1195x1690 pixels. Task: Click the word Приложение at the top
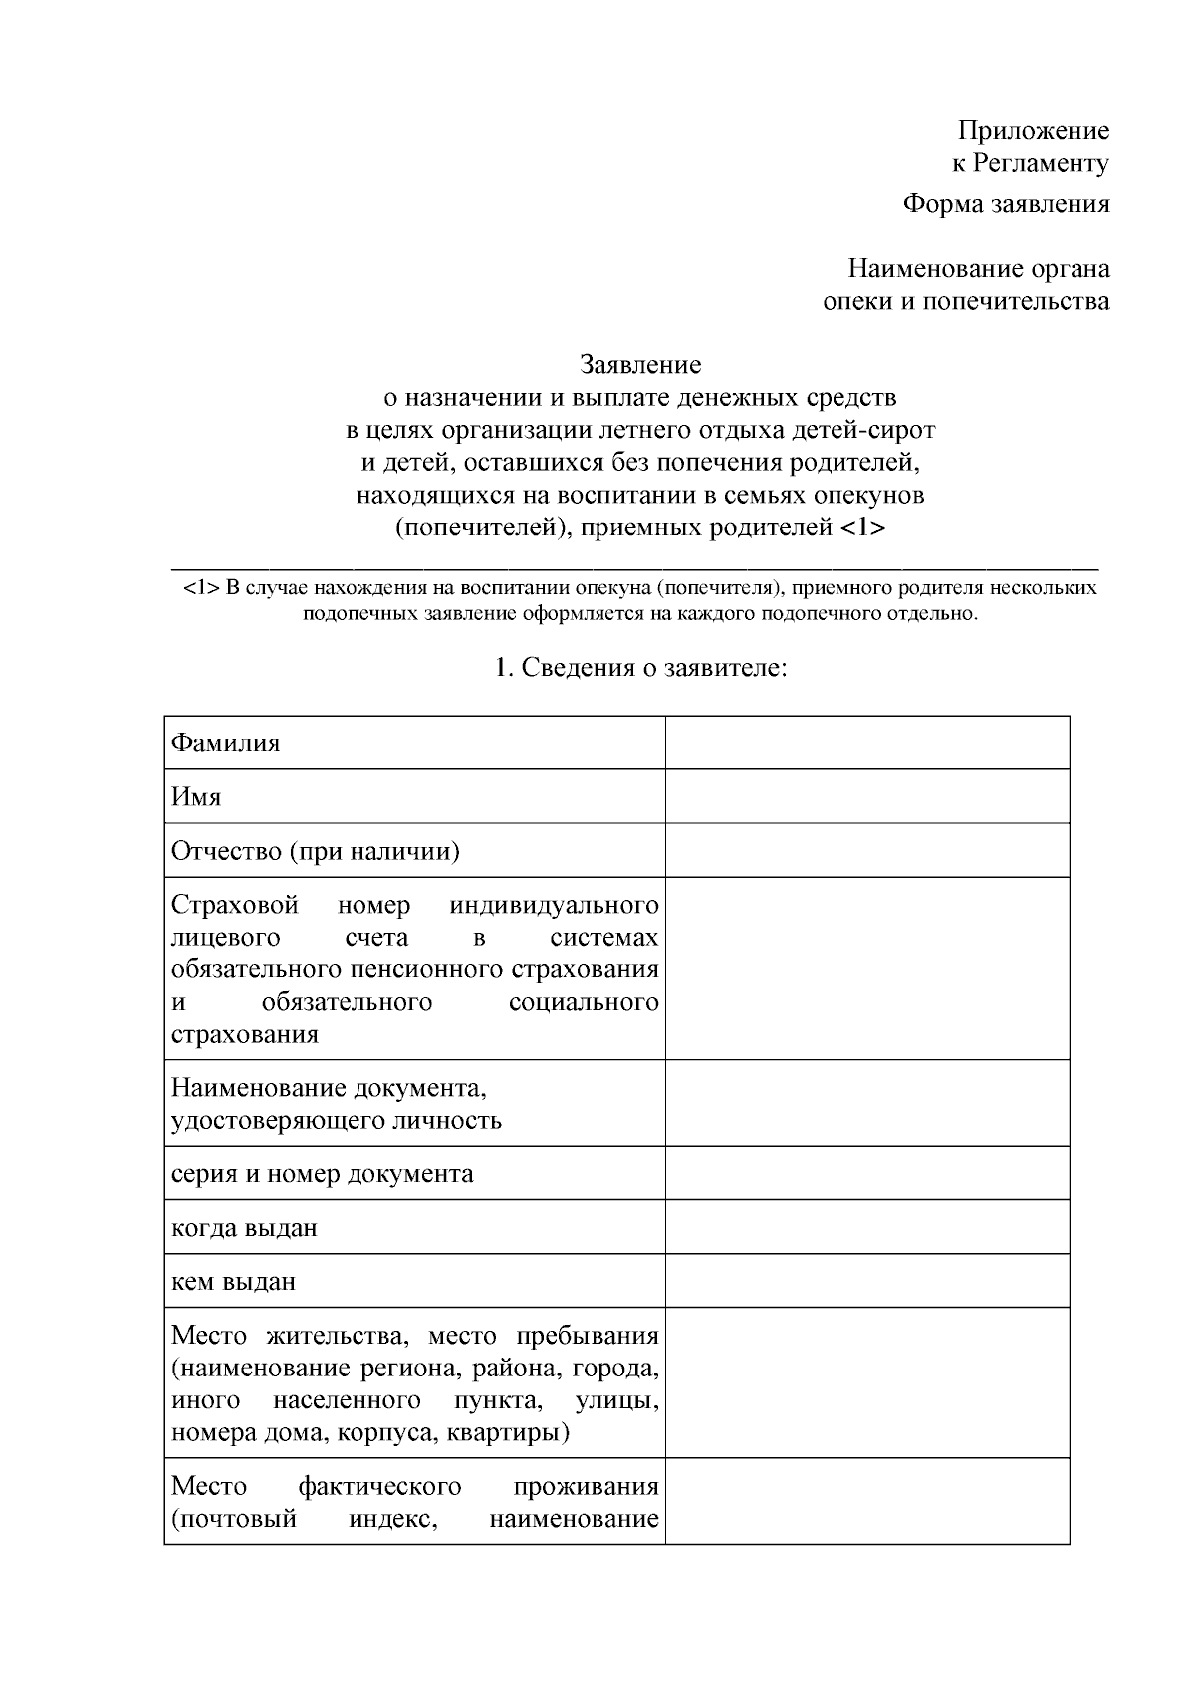[x=1033, y=130]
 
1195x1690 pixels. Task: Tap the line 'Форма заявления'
[x=1006, y=204]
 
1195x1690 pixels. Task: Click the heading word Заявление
[x=640, y=365]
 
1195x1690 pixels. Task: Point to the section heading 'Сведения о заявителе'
[x=640, y=667]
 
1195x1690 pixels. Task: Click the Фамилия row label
[x=226, y=743]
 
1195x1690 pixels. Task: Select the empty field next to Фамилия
[x=866, y=742]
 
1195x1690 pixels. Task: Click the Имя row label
[x=196, y=797]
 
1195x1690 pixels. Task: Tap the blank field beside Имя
[x=866, y=796]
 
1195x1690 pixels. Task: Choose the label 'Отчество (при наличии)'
[x=316, y=851]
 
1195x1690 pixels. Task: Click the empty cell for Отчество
[x=866, y=850]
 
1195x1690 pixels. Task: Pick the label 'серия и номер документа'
[x=323, y=1173]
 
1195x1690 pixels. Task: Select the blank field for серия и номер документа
[x=866, y=1172]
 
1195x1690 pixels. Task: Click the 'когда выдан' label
[x=245, y=1227]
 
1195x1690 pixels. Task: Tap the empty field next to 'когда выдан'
[x=866, y=1226]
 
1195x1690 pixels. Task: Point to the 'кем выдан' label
[x=234, y=1281]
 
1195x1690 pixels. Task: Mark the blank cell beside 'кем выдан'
[x=866, y=1280]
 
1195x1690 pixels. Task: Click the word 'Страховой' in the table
[x=236, y=905]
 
